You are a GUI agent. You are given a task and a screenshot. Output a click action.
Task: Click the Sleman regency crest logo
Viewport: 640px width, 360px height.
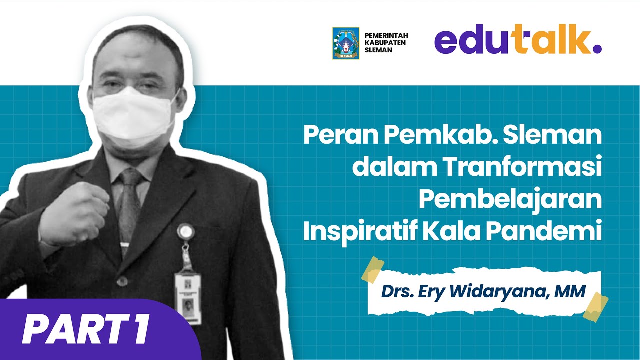pyautogui.click(x=346, y=43)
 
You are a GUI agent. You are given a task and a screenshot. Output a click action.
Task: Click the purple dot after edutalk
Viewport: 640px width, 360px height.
pyautogui.click(x=597, y=49)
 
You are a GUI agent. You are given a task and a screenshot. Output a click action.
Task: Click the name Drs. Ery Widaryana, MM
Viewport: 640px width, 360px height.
pyautogui.click(x=482, y=291)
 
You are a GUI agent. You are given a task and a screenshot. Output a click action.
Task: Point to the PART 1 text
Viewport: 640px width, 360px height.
pyautogui.click(x=86, y=329)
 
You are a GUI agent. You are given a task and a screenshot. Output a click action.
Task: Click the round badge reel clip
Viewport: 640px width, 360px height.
pyautogui.click(x=184, y=231)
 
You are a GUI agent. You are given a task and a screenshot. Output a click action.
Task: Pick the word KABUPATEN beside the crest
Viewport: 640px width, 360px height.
pyautogui.click(x=385, y=43)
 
